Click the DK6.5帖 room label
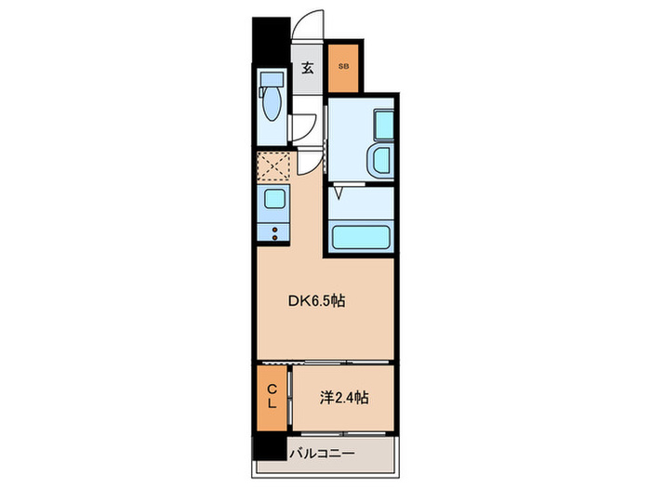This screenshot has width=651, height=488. (x=316, y=301)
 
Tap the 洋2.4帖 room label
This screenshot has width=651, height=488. (x=344, y=398)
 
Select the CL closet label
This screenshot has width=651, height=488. (x=272, y=396)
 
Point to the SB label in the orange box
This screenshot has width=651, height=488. (x=343, y=66)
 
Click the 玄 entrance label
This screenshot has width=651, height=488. (x=307, y=68)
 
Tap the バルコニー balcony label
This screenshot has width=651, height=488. (x=322, y=454)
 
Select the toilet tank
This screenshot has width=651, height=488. (x=272, y=79)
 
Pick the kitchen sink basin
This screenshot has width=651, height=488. (x=273, y=198)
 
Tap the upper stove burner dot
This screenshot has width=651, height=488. (x=274, y=230)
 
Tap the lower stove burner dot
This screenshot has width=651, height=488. (x=274, y=237)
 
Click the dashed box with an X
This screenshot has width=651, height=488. (x=273, y=166)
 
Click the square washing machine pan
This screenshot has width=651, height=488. (x=384, y=125)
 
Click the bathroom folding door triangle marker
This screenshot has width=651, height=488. (x=339, y=193)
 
